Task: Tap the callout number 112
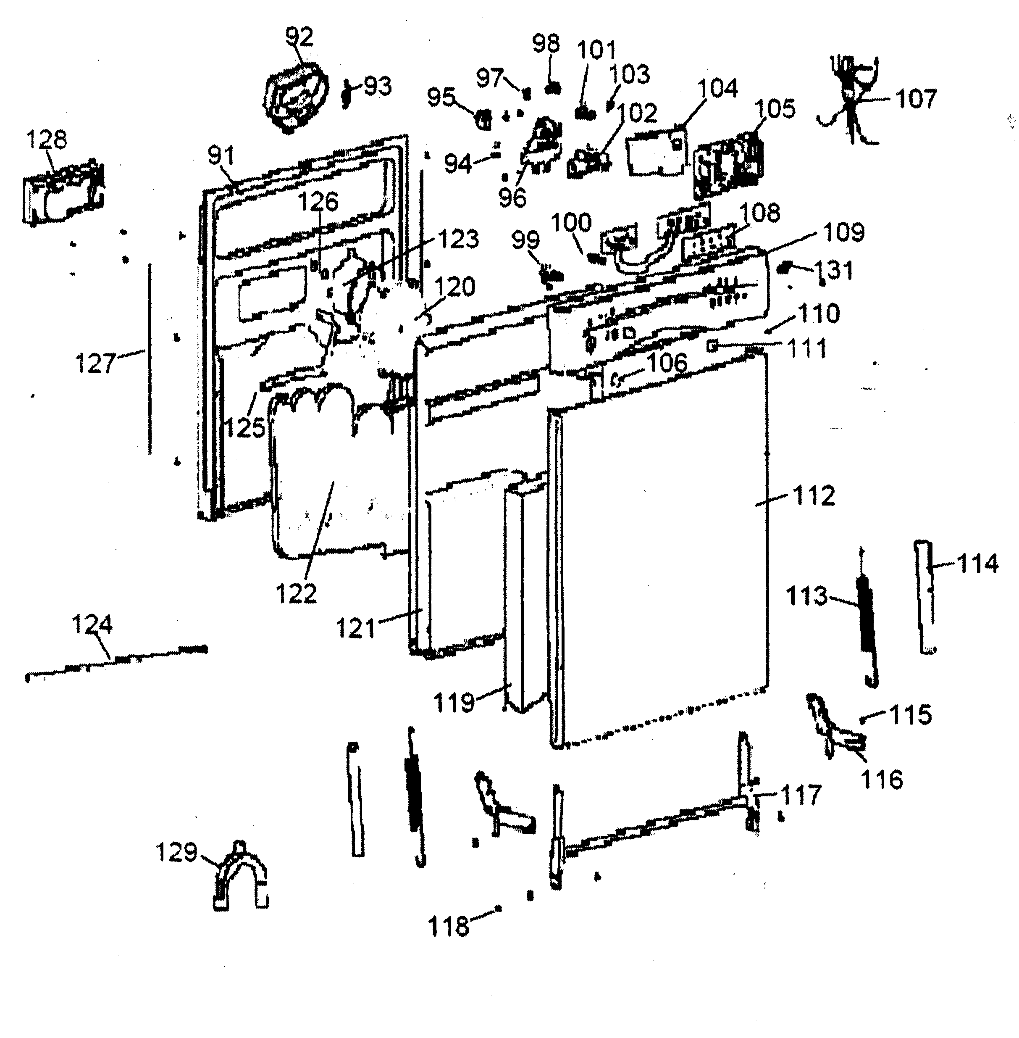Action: pyautogui.click(x=814, y=496)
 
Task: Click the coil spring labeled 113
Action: pyautogui.click(x=866, y=616)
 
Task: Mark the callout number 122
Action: pyautogui.click(x=297, y=593)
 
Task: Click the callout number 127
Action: pyautogui.click(x=95, y=364)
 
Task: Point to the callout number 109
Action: pyautogui.click(x=843, y=232)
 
